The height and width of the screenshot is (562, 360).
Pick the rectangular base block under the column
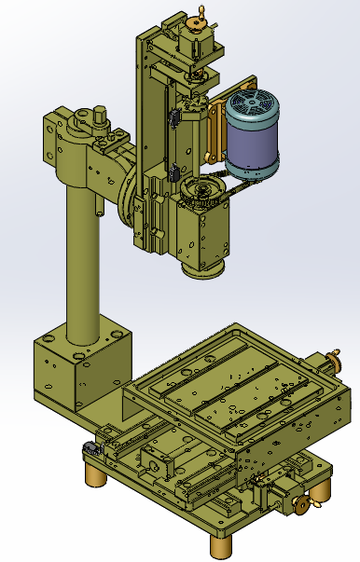75,373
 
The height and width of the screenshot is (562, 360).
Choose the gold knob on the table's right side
333,362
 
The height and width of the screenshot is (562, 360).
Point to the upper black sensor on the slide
173,119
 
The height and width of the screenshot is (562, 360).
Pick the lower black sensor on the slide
173,174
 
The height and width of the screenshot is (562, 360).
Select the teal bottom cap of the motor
255,171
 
